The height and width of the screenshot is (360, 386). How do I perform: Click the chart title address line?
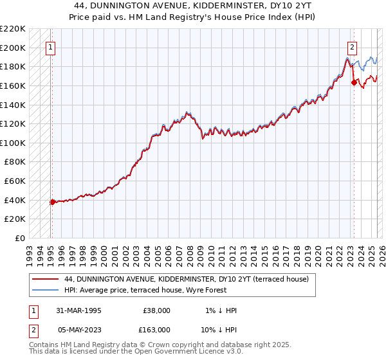coord(192,5)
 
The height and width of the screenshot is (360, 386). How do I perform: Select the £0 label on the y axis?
coord(20,238)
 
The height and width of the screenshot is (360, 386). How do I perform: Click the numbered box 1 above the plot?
coord(51,47)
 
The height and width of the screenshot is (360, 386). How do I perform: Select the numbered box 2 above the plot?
coord(353,47)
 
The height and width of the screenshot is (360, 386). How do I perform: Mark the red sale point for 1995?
coord(52,202)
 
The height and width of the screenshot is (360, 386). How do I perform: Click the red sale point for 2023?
coord(353,82)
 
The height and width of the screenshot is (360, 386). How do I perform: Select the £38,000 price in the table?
coord(156,310)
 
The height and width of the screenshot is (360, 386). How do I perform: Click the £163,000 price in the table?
coord(156,330)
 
